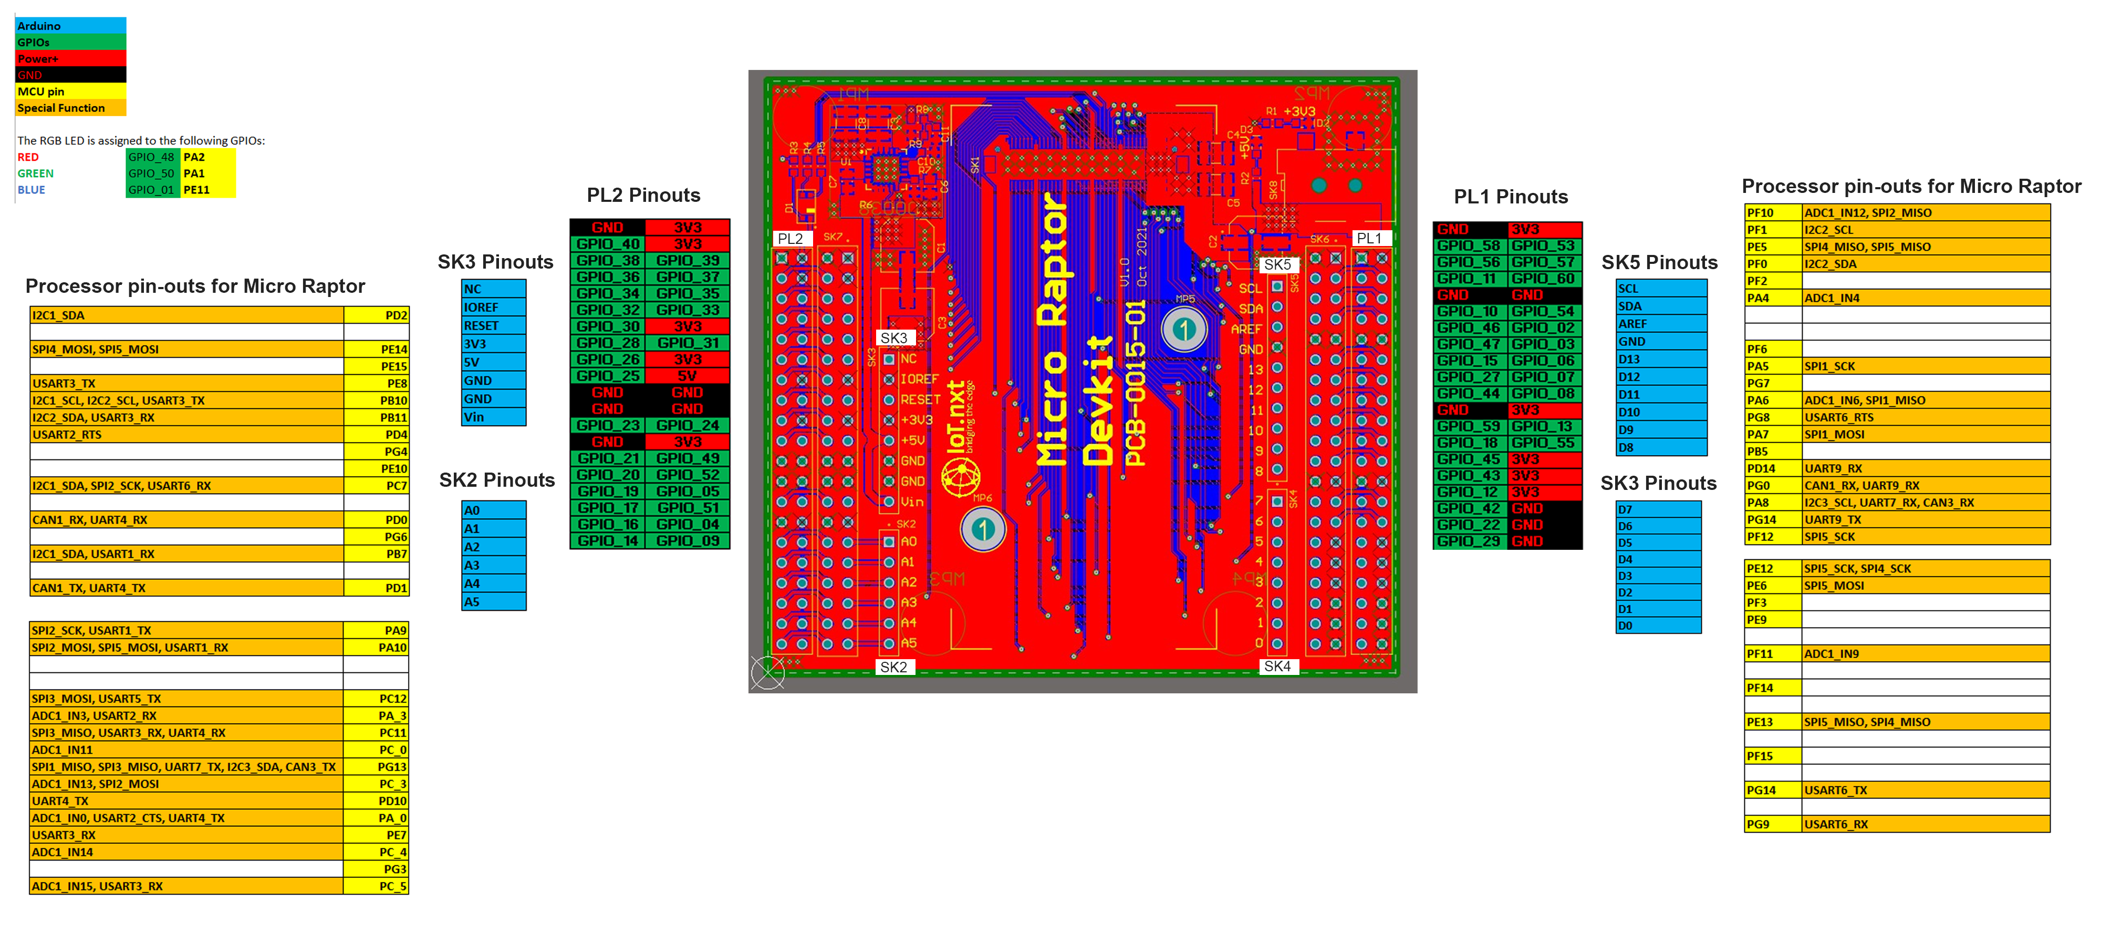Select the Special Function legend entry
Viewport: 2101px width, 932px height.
(70, 108)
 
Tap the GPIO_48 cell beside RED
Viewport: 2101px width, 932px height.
(152, 157)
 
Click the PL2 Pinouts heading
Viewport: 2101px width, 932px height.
(643, 195)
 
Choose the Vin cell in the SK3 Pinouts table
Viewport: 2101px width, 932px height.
(493, 417)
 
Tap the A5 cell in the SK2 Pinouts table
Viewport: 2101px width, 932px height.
(493, 601)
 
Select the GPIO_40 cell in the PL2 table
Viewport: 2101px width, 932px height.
(608, 244)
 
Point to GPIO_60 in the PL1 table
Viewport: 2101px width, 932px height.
(1543, 278)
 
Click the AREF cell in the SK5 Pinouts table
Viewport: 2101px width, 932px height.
(1660, 324)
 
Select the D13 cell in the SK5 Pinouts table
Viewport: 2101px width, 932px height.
(1660, 359)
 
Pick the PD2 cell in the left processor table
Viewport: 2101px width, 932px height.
(376, 315)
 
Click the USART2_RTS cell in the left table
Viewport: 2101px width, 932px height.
(186, 434)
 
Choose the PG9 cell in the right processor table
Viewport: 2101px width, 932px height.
(1772, 824)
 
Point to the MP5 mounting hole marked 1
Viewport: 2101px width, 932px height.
(1183, 329)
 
